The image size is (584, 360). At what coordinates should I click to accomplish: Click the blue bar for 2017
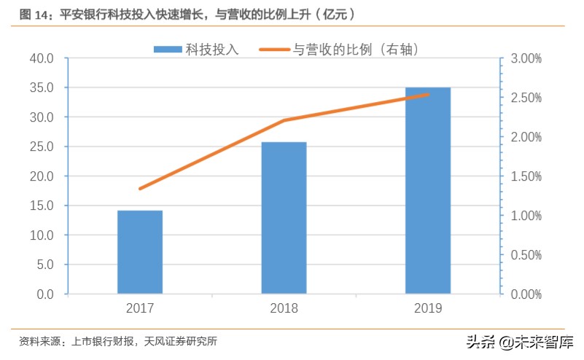tap(140, 252)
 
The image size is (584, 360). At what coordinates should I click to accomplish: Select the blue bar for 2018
tap(284, 218)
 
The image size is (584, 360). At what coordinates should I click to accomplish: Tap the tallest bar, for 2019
tap(427, 191)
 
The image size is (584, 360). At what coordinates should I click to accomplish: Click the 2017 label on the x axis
tap(140, 309)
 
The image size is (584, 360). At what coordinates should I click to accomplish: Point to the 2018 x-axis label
tap(284, 309)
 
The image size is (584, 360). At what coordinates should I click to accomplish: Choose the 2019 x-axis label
tap(427, 309)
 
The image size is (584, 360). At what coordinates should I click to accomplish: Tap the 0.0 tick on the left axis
tap(44, 294)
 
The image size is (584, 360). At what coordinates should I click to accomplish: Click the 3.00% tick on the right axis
tap(525, 58)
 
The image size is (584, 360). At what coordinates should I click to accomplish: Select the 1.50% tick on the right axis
tap(525, 176)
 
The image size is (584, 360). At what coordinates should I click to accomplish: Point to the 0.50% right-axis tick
tap(525, 255)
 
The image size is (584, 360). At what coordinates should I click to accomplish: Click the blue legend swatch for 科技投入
tap(167, 50)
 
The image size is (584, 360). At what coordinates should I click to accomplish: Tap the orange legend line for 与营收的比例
tap(275, 50)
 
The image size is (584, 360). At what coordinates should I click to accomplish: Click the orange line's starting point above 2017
tap(140, 189)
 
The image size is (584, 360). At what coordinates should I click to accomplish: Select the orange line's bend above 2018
tap(284, 120)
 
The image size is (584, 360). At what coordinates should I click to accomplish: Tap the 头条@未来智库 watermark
tap(520, 341)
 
